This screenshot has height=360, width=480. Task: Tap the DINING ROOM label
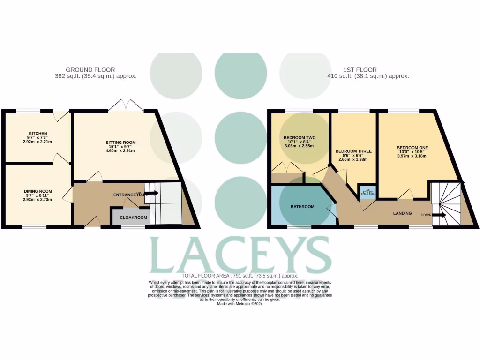38,191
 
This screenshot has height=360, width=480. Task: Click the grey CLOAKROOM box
133,217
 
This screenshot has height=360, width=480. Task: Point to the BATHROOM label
302,206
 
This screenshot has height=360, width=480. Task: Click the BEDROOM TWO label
300,138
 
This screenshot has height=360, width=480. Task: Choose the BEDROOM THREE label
353,151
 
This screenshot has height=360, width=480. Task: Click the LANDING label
402,213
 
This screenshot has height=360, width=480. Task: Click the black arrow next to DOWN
440,215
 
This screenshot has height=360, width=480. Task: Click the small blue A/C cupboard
367,191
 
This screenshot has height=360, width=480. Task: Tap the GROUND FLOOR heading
90,70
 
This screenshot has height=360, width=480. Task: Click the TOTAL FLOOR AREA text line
240,276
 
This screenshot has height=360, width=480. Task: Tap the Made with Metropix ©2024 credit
240,304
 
